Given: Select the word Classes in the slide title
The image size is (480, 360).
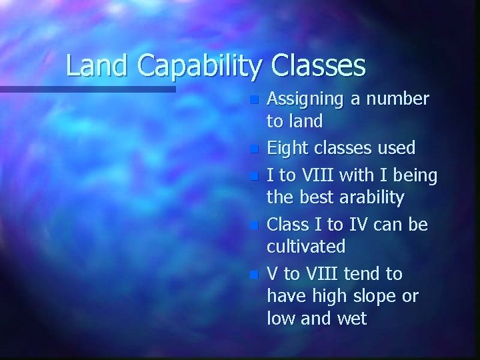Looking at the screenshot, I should [319, 65].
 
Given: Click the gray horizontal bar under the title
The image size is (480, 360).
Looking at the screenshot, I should [87, 88].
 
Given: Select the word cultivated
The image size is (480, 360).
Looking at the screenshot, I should [306, 247].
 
